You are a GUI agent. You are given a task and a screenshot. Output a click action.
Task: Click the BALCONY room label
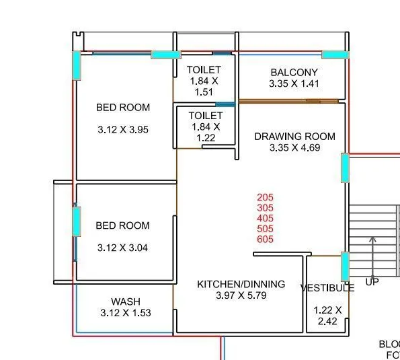(294, 73)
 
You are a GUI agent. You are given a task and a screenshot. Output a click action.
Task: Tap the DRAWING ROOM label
(294, 137)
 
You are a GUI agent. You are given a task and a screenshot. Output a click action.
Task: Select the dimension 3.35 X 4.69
(294, 148)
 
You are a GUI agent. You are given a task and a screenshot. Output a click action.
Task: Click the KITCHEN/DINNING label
(241, 285)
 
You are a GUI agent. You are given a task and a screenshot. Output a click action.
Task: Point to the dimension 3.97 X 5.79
(241, 296)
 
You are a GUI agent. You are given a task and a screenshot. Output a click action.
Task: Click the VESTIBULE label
(327, 288)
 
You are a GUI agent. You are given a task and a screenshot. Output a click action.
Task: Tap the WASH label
(126, 301)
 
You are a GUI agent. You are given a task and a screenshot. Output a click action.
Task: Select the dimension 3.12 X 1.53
(126, 313)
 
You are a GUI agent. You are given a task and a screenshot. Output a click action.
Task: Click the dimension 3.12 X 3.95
(123, 130)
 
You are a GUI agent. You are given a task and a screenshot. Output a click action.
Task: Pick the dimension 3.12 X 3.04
(123, 248)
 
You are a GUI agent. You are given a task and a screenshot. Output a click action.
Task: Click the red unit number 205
(266, 198)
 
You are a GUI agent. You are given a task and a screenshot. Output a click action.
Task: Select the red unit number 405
(266, 219)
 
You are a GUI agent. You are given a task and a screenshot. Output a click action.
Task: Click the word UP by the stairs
(372, 282)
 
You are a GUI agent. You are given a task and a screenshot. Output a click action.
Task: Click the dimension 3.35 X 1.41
(294, 84)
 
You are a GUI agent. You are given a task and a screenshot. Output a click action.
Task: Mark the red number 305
(266, 209)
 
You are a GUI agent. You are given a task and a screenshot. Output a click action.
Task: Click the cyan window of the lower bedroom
(76, 221)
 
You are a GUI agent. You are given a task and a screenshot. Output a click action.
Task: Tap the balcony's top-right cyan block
(335, 55)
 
